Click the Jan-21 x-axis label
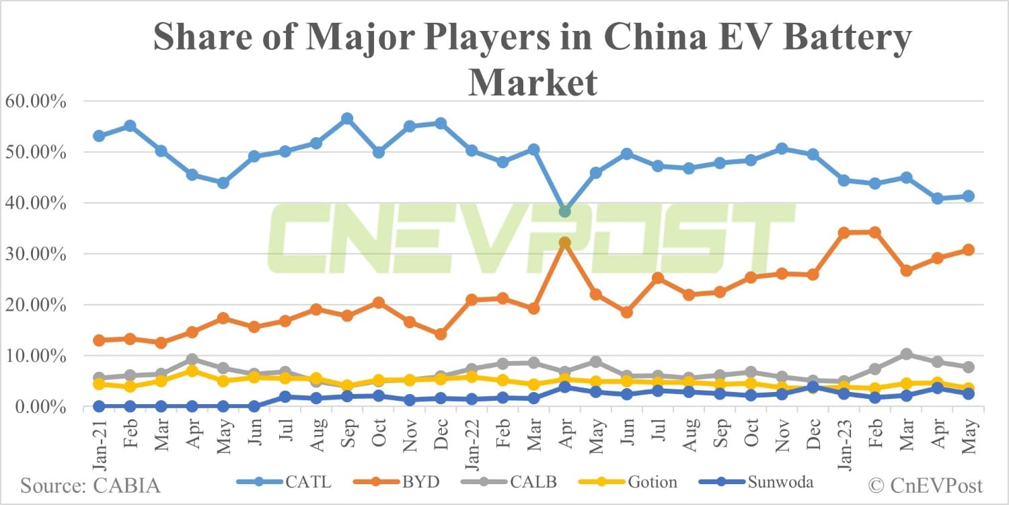[99, 437]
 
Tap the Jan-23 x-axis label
[844, 437]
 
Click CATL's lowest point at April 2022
[564, 211]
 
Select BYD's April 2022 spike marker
[564, 243]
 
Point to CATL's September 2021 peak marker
[347, 119]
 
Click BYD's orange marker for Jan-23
[844, 233]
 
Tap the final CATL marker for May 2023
[968, 196]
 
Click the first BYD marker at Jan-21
[99, 340]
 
